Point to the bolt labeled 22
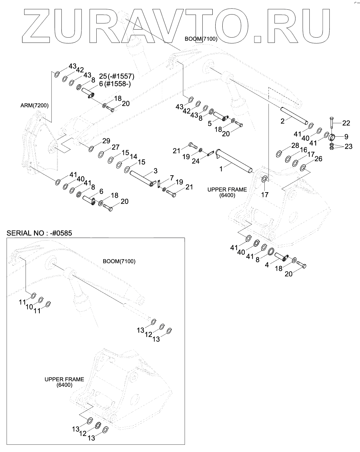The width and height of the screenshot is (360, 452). [332, 126]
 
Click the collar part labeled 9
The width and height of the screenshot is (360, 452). [332, 137]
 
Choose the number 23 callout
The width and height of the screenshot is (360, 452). [348, 147]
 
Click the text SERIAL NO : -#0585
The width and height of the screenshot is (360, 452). [39, 234]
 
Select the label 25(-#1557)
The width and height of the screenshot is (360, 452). [116, 76]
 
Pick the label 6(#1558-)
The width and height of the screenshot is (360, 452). [115, 84]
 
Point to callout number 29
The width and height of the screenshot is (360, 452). [106, 141]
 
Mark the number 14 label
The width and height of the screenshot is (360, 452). [134, 157]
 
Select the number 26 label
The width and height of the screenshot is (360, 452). [318, 159]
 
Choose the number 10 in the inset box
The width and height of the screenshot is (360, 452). [29, 306]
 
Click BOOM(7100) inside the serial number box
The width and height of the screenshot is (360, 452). [119, 261]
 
